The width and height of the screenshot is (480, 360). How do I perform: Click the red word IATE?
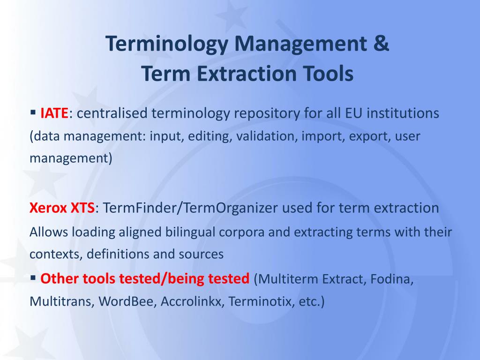pos(54,113)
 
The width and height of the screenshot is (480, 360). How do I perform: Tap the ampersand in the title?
pos(382,44)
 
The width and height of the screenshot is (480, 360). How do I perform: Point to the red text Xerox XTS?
pos(62,208)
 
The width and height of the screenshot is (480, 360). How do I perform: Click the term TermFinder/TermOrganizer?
pos(177,208)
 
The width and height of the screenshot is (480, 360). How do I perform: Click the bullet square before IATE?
pos(33,112)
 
